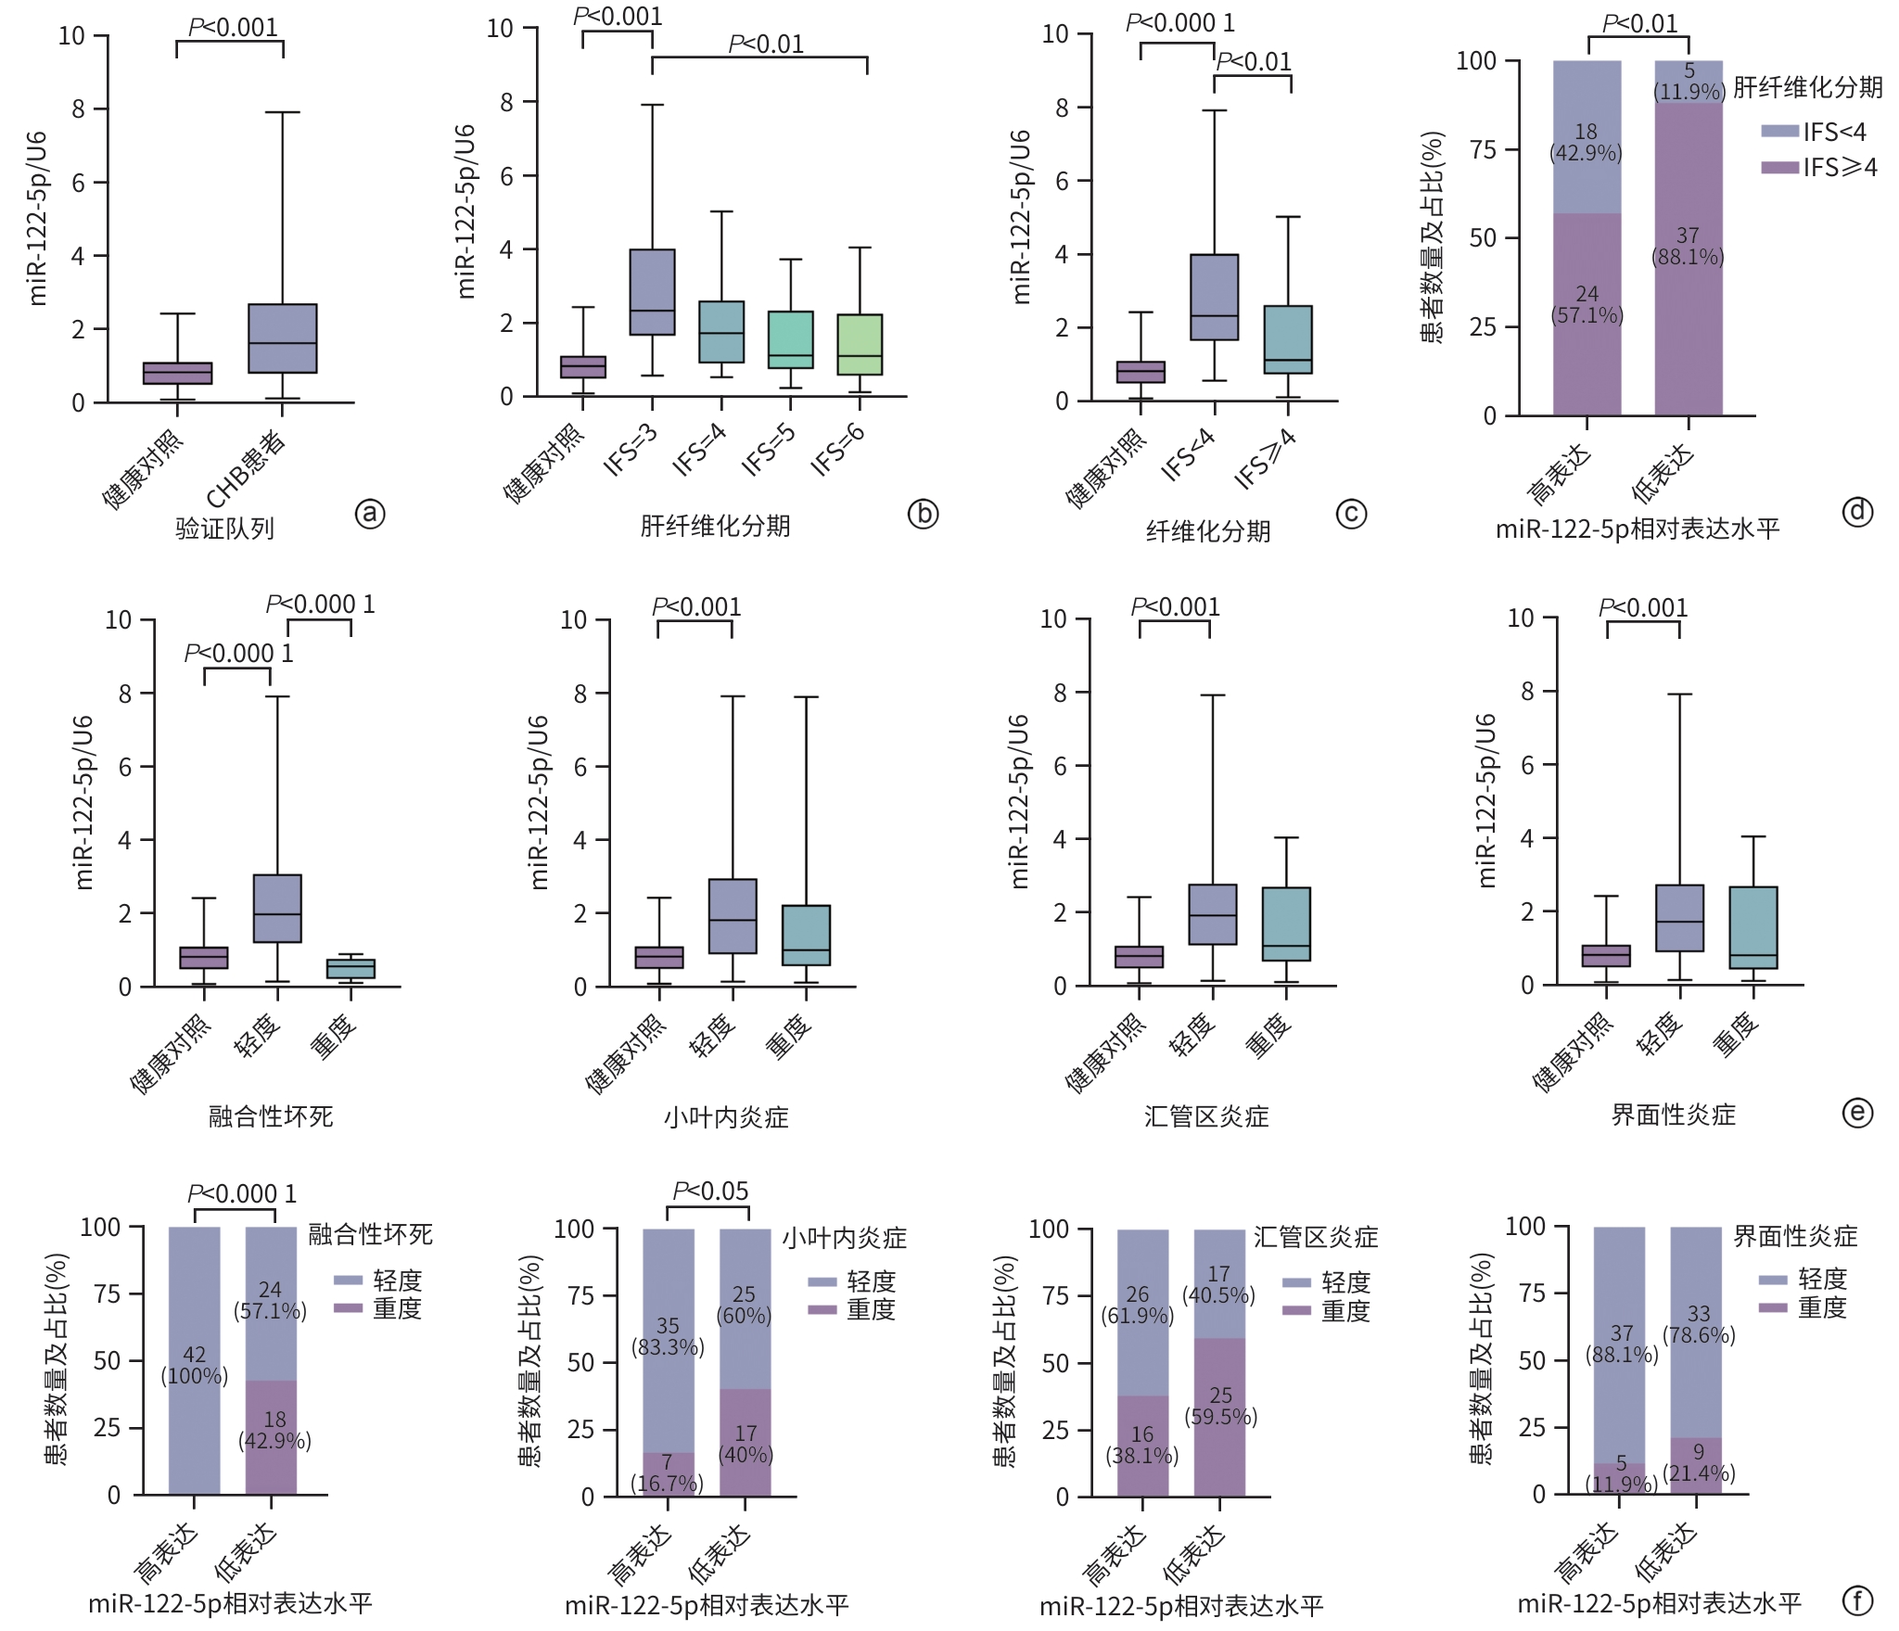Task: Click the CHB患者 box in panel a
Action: pyautogui.click(x=283, y=338)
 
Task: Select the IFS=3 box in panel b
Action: pyautogui.click(x=652, y=291)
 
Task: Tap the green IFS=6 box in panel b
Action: pyautogui.click(x=860, y=344)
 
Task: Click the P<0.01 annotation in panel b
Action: pyautogui.click(x=766, y=44)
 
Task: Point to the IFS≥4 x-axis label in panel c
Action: pyautogui.click(x=1267, y=458)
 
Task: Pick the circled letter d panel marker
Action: pyautogui.click(x=1857, y=512)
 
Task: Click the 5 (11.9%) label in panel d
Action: pyautogui.click(x=1689, y=82)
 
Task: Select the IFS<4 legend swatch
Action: pyautogui.click(x=1779, y=131)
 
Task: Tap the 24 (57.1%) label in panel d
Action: pyautogui.click(x=1587, y=305)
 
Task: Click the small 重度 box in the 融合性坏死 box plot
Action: pyautogui.click(x=350, y=969)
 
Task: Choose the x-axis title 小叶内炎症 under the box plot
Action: pyautogui.click(x=726, y=1116)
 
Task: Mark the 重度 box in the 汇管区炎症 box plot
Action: pyautogui.click(x=1286, y=924)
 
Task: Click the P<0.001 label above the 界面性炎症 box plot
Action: pyautogui.click(x=1643, y=608)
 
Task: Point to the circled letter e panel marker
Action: pyautogui.click(x=1857, y=1113)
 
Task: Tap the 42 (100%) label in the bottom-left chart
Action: pyautogui.click(x=195, y=1365)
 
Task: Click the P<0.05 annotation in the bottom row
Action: pyautogui.click(x=710, y=1191)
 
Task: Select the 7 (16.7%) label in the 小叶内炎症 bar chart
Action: pyautogui.click(x=668, y=1473)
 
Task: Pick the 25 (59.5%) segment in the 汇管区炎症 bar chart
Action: pyautogui.click(x=1220, y=1406)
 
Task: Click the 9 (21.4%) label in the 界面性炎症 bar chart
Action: pyautogui.click(x=1698, y=1463)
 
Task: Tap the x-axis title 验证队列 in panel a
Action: pyautogui.click(x=225, y=529)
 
